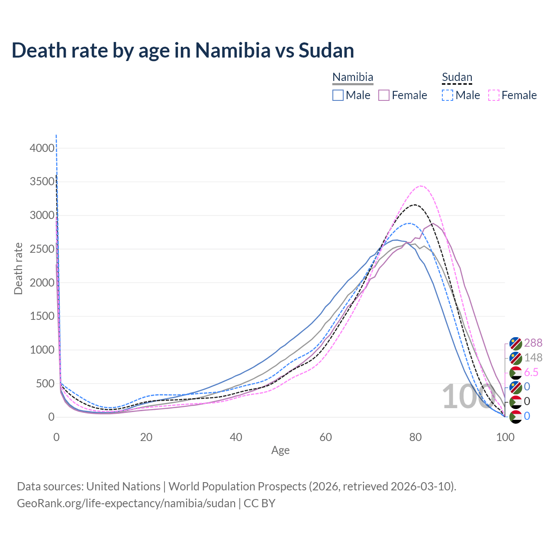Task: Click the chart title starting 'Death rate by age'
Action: pos(183,50)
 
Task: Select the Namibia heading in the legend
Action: pos(353,77)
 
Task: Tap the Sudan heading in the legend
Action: pos(457,77)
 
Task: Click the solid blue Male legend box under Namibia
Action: pos(338,95)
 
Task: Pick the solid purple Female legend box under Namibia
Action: pos(384,95)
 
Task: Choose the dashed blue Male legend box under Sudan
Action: pos(448,95)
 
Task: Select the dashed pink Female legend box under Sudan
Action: pos(494,95)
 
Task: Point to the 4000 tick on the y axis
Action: pos(42,148)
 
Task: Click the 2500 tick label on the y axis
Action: pos(42,249)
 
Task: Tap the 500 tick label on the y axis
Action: pos(45,383)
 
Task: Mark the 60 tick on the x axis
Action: pos(326,437)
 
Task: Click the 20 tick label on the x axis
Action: pos(146,437)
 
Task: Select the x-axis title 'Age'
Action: pos(280,450)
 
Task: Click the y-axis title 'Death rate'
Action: pos(18,268)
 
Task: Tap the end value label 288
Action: pos(533,343)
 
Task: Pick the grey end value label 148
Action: pos(533,358)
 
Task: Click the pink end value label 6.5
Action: pos(531,373)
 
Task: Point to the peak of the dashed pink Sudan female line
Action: pos(421,186)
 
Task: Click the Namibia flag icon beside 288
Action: pos(516,343)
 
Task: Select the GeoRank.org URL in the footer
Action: pos(126,503)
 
